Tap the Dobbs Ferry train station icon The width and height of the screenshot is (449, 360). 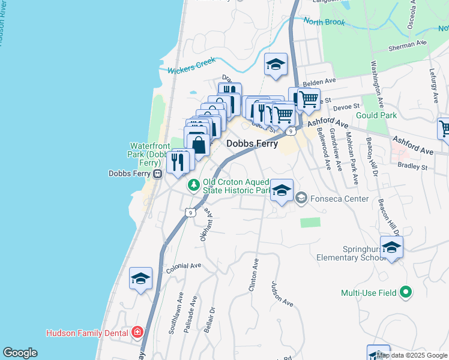click(x=157, y=174)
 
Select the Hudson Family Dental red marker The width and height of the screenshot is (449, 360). click(x=137, y=332)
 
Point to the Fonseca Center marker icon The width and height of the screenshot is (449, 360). click(x=301, y=197)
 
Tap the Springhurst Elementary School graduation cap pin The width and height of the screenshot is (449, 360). click(x=391, y=247)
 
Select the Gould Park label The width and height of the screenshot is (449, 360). click(x=376, y=115)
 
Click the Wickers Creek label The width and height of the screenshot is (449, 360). click(x=191, y=70)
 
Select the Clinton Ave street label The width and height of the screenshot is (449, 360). click(x=253, y=275)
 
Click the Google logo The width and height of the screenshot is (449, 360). click(x=20, y=353)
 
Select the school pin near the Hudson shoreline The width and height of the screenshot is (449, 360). click(x=140, y=278)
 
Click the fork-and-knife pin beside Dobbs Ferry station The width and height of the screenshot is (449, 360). click(x=178, y=162)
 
